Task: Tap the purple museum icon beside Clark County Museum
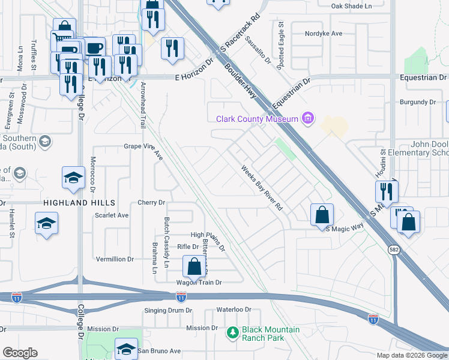pyautogui.click(x=309, y=118)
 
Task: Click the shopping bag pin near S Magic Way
pyautogui.click(x=322, y=214)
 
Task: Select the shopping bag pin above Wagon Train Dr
pyautogui.click(x=194, y=266)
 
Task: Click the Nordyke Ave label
pyautogui.click(x=324, y=34)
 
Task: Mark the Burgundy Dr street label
pyautogui.click(x=417, y=103)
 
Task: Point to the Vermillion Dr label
pyautogui.click(x=115, y=259)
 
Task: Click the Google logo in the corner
pyautogui.click(x=20, y=353)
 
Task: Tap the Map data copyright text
pyautogui.click(x=412, y=355)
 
